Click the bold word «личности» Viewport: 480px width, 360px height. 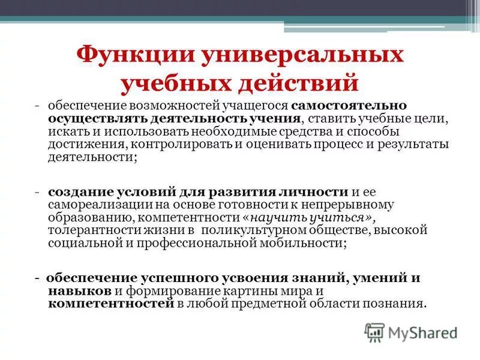click(314, 191)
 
